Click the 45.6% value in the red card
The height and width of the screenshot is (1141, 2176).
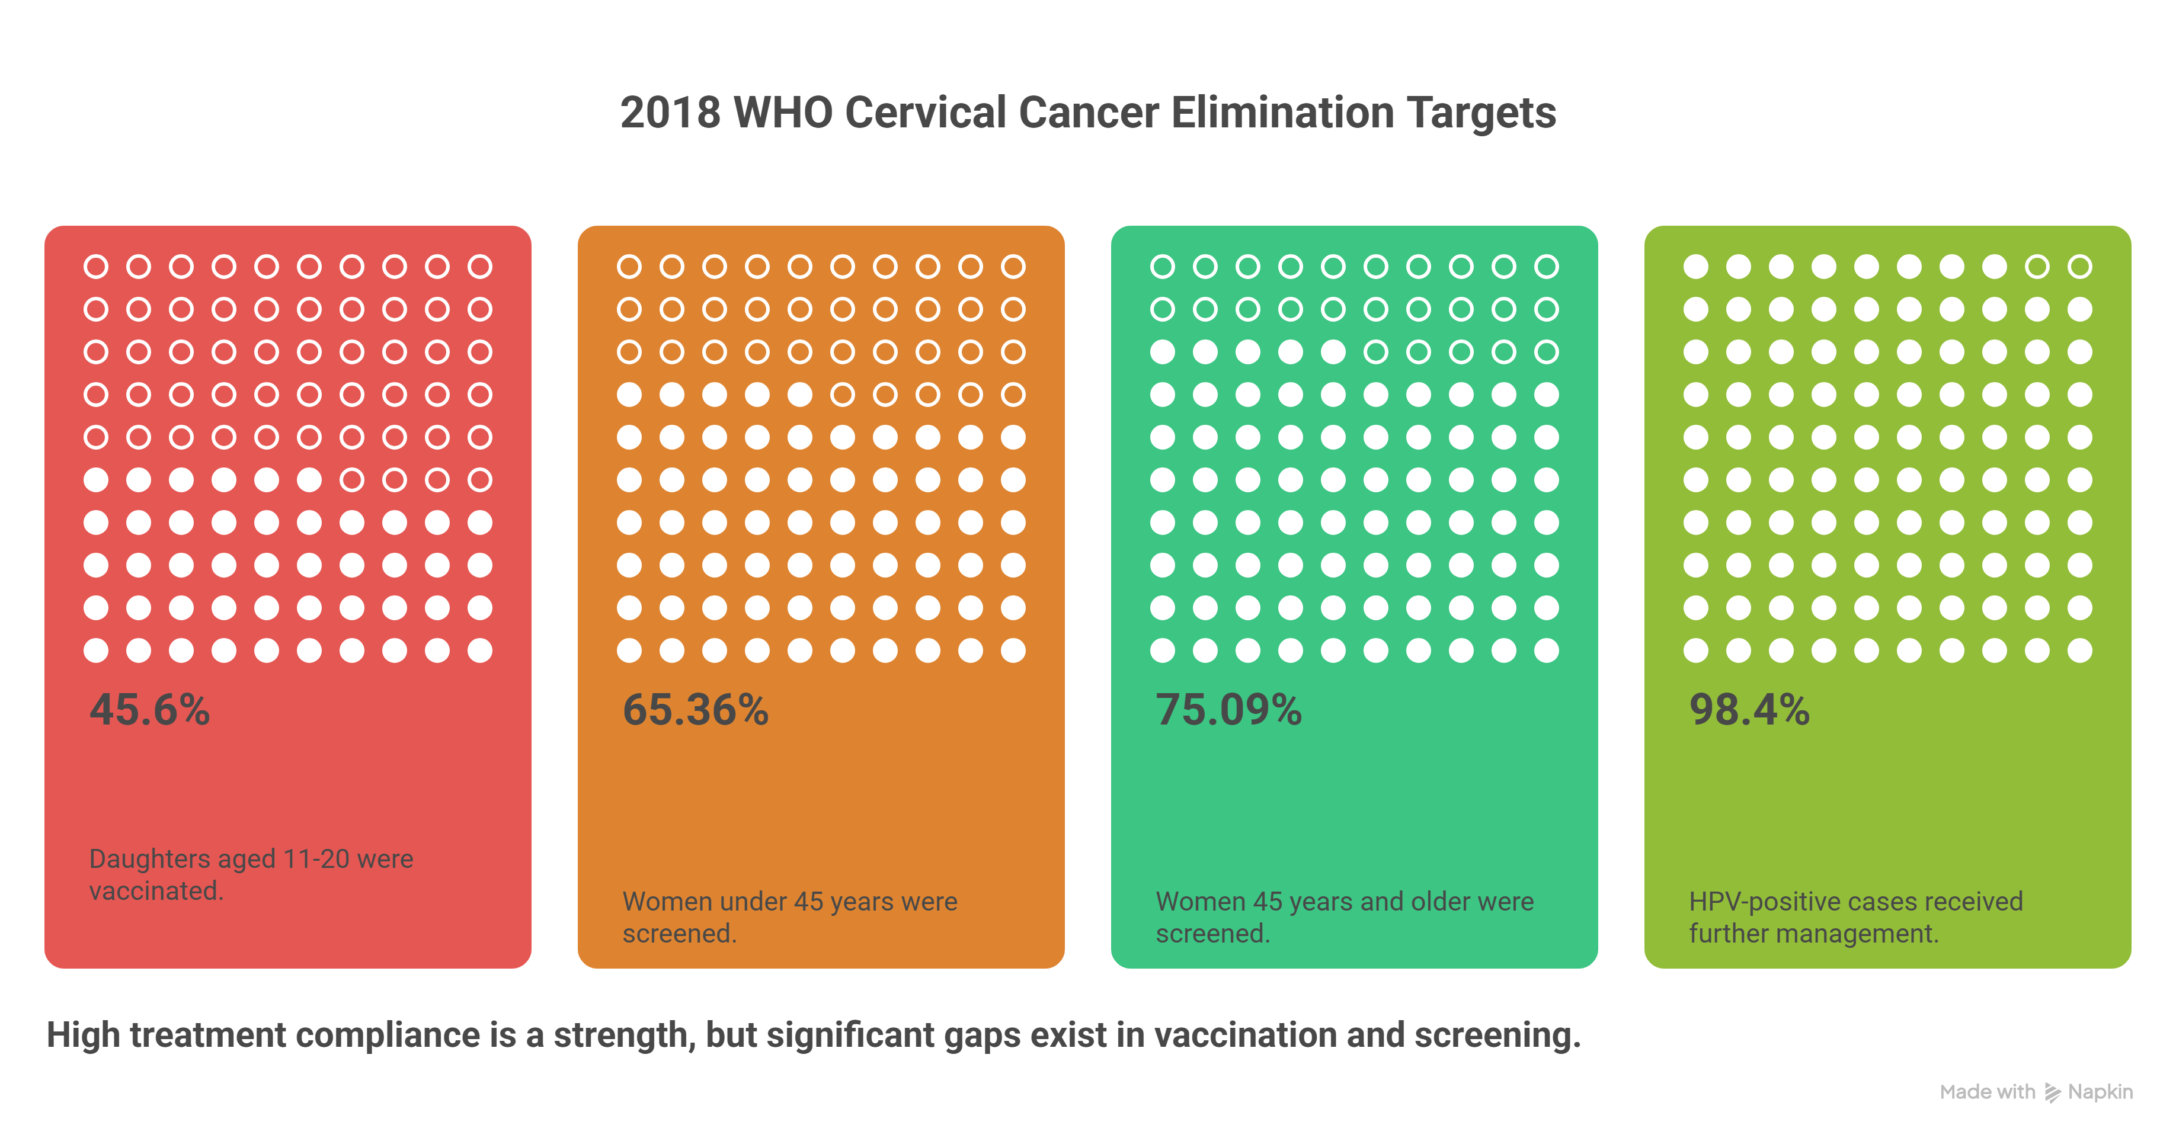click(x=149, y=710)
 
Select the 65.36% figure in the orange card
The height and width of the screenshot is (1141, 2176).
click(x=695, y=710)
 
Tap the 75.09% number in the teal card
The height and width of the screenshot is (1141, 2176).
click(x=1228, y=710)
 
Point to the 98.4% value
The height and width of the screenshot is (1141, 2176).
click(x=1749, y=710)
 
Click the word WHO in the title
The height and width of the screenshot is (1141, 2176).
click(x=783, y=113)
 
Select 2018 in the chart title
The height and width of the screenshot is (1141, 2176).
click(x=670, y=113)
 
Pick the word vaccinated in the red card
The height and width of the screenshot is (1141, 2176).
click(x=153, y=891)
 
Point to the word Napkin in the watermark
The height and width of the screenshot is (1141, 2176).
click(x=2100, y=1092)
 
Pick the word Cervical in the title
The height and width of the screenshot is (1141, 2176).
click(x=925, y=113)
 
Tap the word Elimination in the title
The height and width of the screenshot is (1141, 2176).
click(x=1282, y=113)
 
